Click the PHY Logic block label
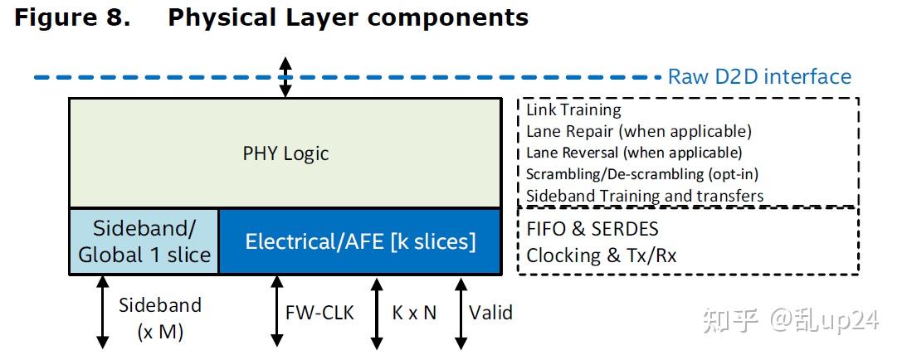(x=285, y=153)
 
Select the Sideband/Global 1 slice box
(x=144, y=241)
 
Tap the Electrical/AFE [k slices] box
(x=360, y=241)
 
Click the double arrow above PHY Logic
(x=285, y=77)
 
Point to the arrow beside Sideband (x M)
(x=103, y=312)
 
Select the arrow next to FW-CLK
(x=274, y=312)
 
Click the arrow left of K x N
(x=377, y=312)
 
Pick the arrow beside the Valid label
(x=460, y=312)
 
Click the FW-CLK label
(x=319, y=314)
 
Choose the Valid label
(x=490, y=313)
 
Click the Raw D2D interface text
(x=759, y=77)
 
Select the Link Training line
(x=573, y=109)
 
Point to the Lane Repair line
(x=638, y=131)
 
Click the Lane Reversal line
(x=634, y=153)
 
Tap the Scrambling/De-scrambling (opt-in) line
(x=642, y=174)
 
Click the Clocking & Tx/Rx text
(x=601, y=255)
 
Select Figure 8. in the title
(x=73, y=17)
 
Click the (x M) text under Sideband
(x=160, y=333)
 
